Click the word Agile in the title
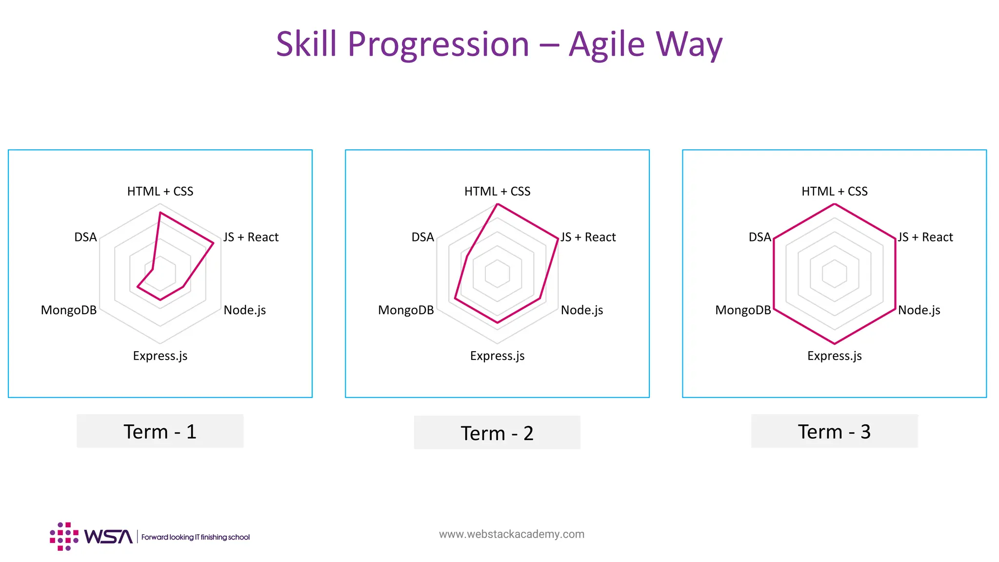pyautogui.click(x=607, y=44)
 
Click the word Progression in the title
pyautogui.click(x=438, y=44)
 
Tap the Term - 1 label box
pyautogui.click(x=160, y=431)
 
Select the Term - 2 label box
pyautogui.click(x=497, y=433)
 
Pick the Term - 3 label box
pyautogui.click(x=834, y=431)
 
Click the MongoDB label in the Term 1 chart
pyautogui.click(x=69, y=310)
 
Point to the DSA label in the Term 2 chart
pyautogui.click(x=422, y=237)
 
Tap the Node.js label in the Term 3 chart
pyautogui.click(x=919, y=310)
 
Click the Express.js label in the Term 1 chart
pyautogui.click(x=160, y=356)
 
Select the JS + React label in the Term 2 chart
pyautogui.click(x=588, y=237)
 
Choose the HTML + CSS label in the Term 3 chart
pyautogui.click(x=834, y=191)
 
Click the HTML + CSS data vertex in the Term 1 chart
pyautogui.click(x=160, y=213)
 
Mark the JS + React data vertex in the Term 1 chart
pyautogui.click(x=213, y=243)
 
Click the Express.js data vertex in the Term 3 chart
pyautogui.click(x=835, y=343)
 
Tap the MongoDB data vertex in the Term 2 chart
pyautogui.click(x=455, y=298)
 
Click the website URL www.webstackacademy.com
pyautogui.click(x=511, y=534)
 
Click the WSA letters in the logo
pyautogui.click(x=108, y=537)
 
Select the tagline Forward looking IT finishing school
pyautogui.click(x=195, y=537)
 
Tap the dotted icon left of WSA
pyautogui.click(x=64, y=537)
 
